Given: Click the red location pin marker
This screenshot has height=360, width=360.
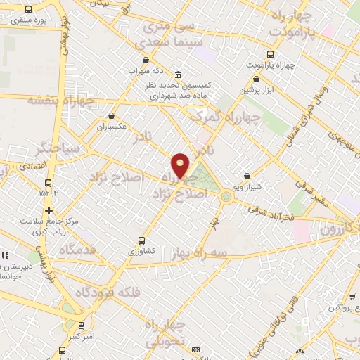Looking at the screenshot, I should [x=181, y=165].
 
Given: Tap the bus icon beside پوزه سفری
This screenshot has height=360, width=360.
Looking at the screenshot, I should [x=28, y=10].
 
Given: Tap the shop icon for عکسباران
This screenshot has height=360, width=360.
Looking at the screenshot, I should [x=112, y=116].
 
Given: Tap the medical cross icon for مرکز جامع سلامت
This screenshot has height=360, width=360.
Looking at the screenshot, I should [x=48, y=210].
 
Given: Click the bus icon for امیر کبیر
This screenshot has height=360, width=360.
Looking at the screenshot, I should [x=82, y=326].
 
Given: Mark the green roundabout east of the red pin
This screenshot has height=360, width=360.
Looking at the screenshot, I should [x=226, y=196].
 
